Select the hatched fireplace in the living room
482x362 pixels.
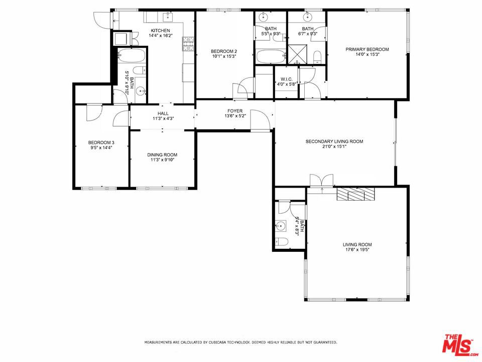click(x=355, y=195)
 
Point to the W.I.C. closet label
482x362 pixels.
click(x=287, y=79)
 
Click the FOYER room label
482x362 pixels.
click(x=235, y=111)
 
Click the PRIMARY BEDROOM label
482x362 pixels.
click(x=367, y=49)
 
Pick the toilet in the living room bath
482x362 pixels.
click(x=282, y=242)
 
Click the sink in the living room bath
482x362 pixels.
click(x=281, y=226)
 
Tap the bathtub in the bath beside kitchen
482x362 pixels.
click(x=132, y=55)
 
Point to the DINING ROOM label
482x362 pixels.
click(x=162, y=154)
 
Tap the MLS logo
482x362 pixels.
click(x=458, y=344)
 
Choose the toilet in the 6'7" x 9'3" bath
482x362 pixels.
click(x=317, y=56)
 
